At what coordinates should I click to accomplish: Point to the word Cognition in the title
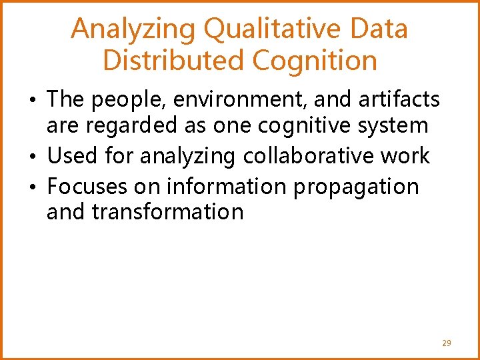click(x=315, y=60)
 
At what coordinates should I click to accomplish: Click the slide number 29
click(x=446, y=343)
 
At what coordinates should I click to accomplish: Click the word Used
click(x=72, y=156)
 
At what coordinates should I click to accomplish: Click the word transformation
click(x=167, y=212)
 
